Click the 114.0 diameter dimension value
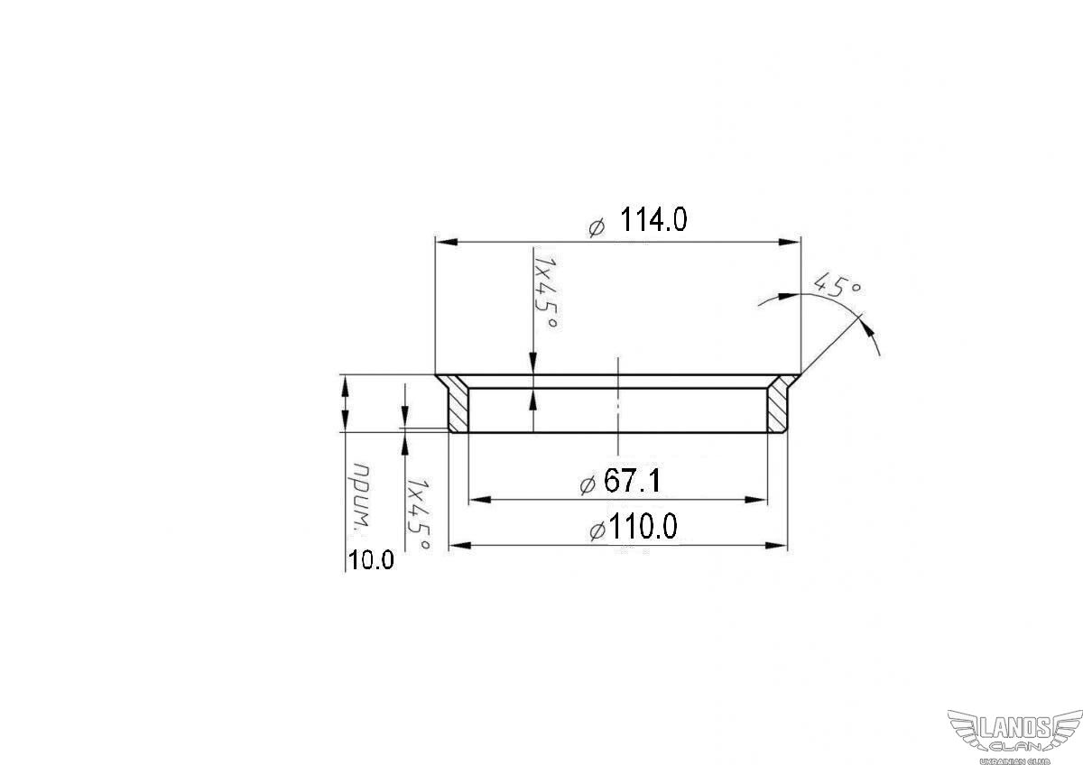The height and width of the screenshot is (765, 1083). tap(653, 220)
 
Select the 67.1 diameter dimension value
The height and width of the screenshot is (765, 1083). tap(632, 482)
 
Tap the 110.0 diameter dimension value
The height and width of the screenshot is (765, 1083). tap(643, 526)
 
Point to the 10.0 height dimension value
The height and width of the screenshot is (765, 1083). tap(371, 560)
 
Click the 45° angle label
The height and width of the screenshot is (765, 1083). tap(837, 286)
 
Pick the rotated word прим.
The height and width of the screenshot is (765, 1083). tap(363, 497)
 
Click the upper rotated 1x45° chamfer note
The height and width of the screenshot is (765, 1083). tap(545, 292)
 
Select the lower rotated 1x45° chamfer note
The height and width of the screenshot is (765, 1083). tap(418, 514)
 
